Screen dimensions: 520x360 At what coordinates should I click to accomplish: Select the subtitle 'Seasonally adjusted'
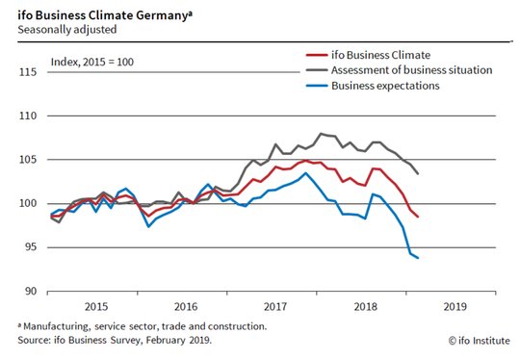point(67,30)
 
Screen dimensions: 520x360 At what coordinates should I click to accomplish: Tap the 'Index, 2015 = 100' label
point(92,62)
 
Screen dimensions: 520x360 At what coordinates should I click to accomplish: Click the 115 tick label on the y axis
point(28,72)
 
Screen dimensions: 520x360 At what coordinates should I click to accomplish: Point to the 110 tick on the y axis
point(28,116)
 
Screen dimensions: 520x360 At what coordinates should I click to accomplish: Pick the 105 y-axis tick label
point(28,160)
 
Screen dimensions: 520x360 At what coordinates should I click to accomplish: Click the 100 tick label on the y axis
point(28,203)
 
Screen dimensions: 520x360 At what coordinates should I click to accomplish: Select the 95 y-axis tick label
point(31,247)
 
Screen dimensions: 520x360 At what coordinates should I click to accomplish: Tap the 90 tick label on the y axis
point(31,291)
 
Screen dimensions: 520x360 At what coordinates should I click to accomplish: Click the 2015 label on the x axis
point(96,306)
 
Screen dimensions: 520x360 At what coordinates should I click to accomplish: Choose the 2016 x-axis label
point(186,306)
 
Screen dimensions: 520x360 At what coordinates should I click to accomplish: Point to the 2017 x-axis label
point(275,306)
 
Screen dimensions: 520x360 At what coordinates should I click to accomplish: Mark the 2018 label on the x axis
point(365,306)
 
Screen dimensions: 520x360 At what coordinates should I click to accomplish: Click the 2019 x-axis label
point(455,306)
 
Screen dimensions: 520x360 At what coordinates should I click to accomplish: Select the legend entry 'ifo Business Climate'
point(368,55)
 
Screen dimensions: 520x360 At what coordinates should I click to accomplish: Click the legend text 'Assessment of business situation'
point(411,70)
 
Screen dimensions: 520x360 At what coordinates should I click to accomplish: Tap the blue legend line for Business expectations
point(317,86)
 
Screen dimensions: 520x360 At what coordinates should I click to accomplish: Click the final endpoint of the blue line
point(418,258)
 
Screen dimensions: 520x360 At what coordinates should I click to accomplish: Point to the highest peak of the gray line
point(321,134)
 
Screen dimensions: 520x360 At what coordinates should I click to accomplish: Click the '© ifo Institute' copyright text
point(480,341)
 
